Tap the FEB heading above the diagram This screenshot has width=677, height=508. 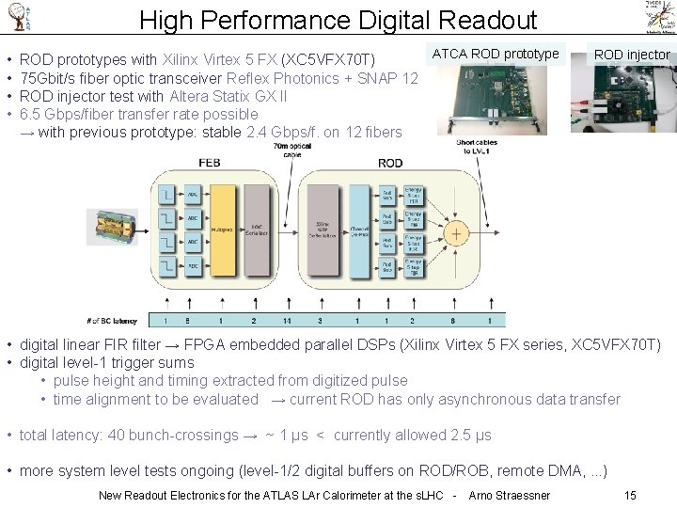coord(209,163)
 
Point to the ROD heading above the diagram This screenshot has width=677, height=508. coord(389,163)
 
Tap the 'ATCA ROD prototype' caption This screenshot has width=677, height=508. coord(496,54)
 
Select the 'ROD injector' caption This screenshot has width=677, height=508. coord(632,55)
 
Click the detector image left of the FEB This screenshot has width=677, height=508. coord(113,230)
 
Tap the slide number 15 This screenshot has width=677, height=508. coord(630,495)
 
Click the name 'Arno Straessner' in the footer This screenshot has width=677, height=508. coord(509,495)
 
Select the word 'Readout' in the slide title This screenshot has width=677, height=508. coord(480,20)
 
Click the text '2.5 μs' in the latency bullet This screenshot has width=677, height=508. coord(470,436)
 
